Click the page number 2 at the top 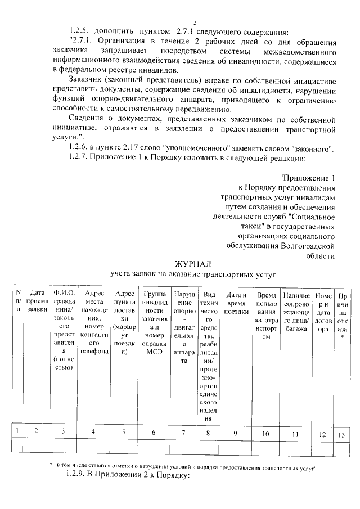pyautogui.click(x=193, y=22)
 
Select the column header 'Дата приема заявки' pyautogui.click(x=37, y=300)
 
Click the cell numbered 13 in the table pyautogui.click(x=341, y=433)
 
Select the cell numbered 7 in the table pyautogui.click(x=183, y=433)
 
